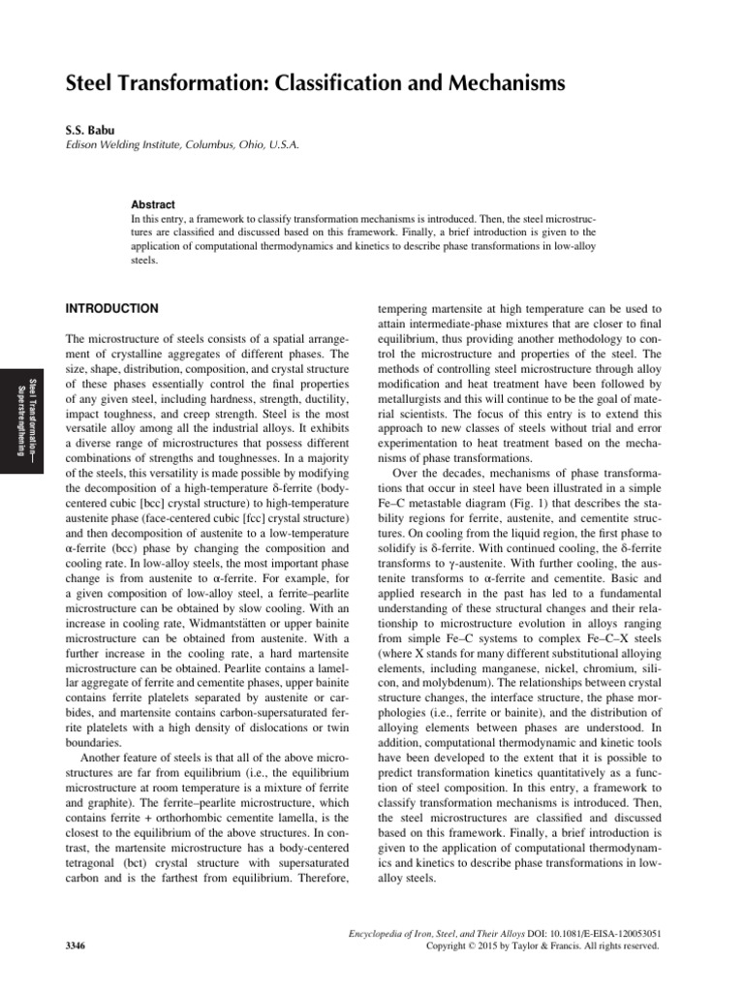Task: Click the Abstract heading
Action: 153,205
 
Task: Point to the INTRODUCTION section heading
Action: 110,309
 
